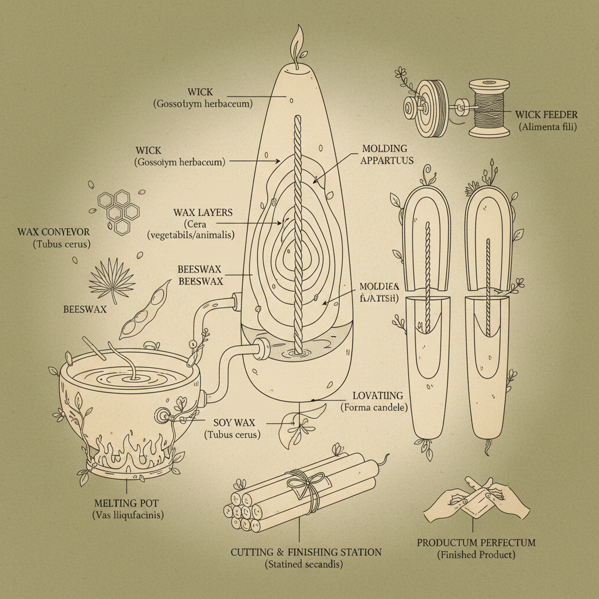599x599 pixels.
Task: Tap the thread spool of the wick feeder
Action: pos(489,109)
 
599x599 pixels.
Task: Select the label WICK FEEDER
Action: pos(547,114)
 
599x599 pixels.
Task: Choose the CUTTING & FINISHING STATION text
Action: pos(306,552)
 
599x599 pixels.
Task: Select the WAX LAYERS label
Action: pos(202,212)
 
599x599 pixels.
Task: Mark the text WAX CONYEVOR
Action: pos(53,232)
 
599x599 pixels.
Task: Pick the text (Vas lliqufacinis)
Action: pos(128,515)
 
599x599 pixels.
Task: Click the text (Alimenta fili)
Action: pos(547,126)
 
